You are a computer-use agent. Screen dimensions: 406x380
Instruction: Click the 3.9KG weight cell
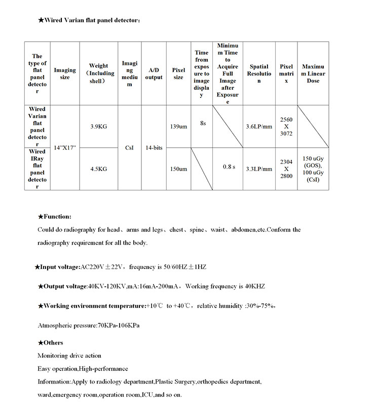pyautogui.click(x=98, y=126)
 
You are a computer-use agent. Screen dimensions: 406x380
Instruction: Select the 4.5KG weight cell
pyautogui.click(x=98, y=169)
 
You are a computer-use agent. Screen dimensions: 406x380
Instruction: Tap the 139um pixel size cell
pyautogui.click(x=178, y=126)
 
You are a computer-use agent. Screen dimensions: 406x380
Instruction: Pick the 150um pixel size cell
pyautogui.click(x=178, y=169)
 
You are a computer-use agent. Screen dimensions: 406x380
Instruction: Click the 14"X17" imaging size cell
pyautogui.click(x=65, y=148)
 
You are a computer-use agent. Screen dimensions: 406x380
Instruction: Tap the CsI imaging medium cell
pyautogui.click(x=129, y=148)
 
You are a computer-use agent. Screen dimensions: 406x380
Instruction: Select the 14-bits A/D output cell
pyautogui.click(x=154, y=148)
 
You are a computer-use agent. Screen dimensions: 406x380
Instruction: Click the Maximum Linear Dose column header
pyautogui.click(x=313, y=74)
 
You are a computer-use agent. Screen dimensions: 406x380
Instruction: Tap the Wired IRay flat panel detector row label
pyautogui.click(x=37, y=169)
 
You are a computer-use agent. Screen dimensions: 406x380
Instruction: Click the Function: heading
pyautogui.click(x=57, y=217)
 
